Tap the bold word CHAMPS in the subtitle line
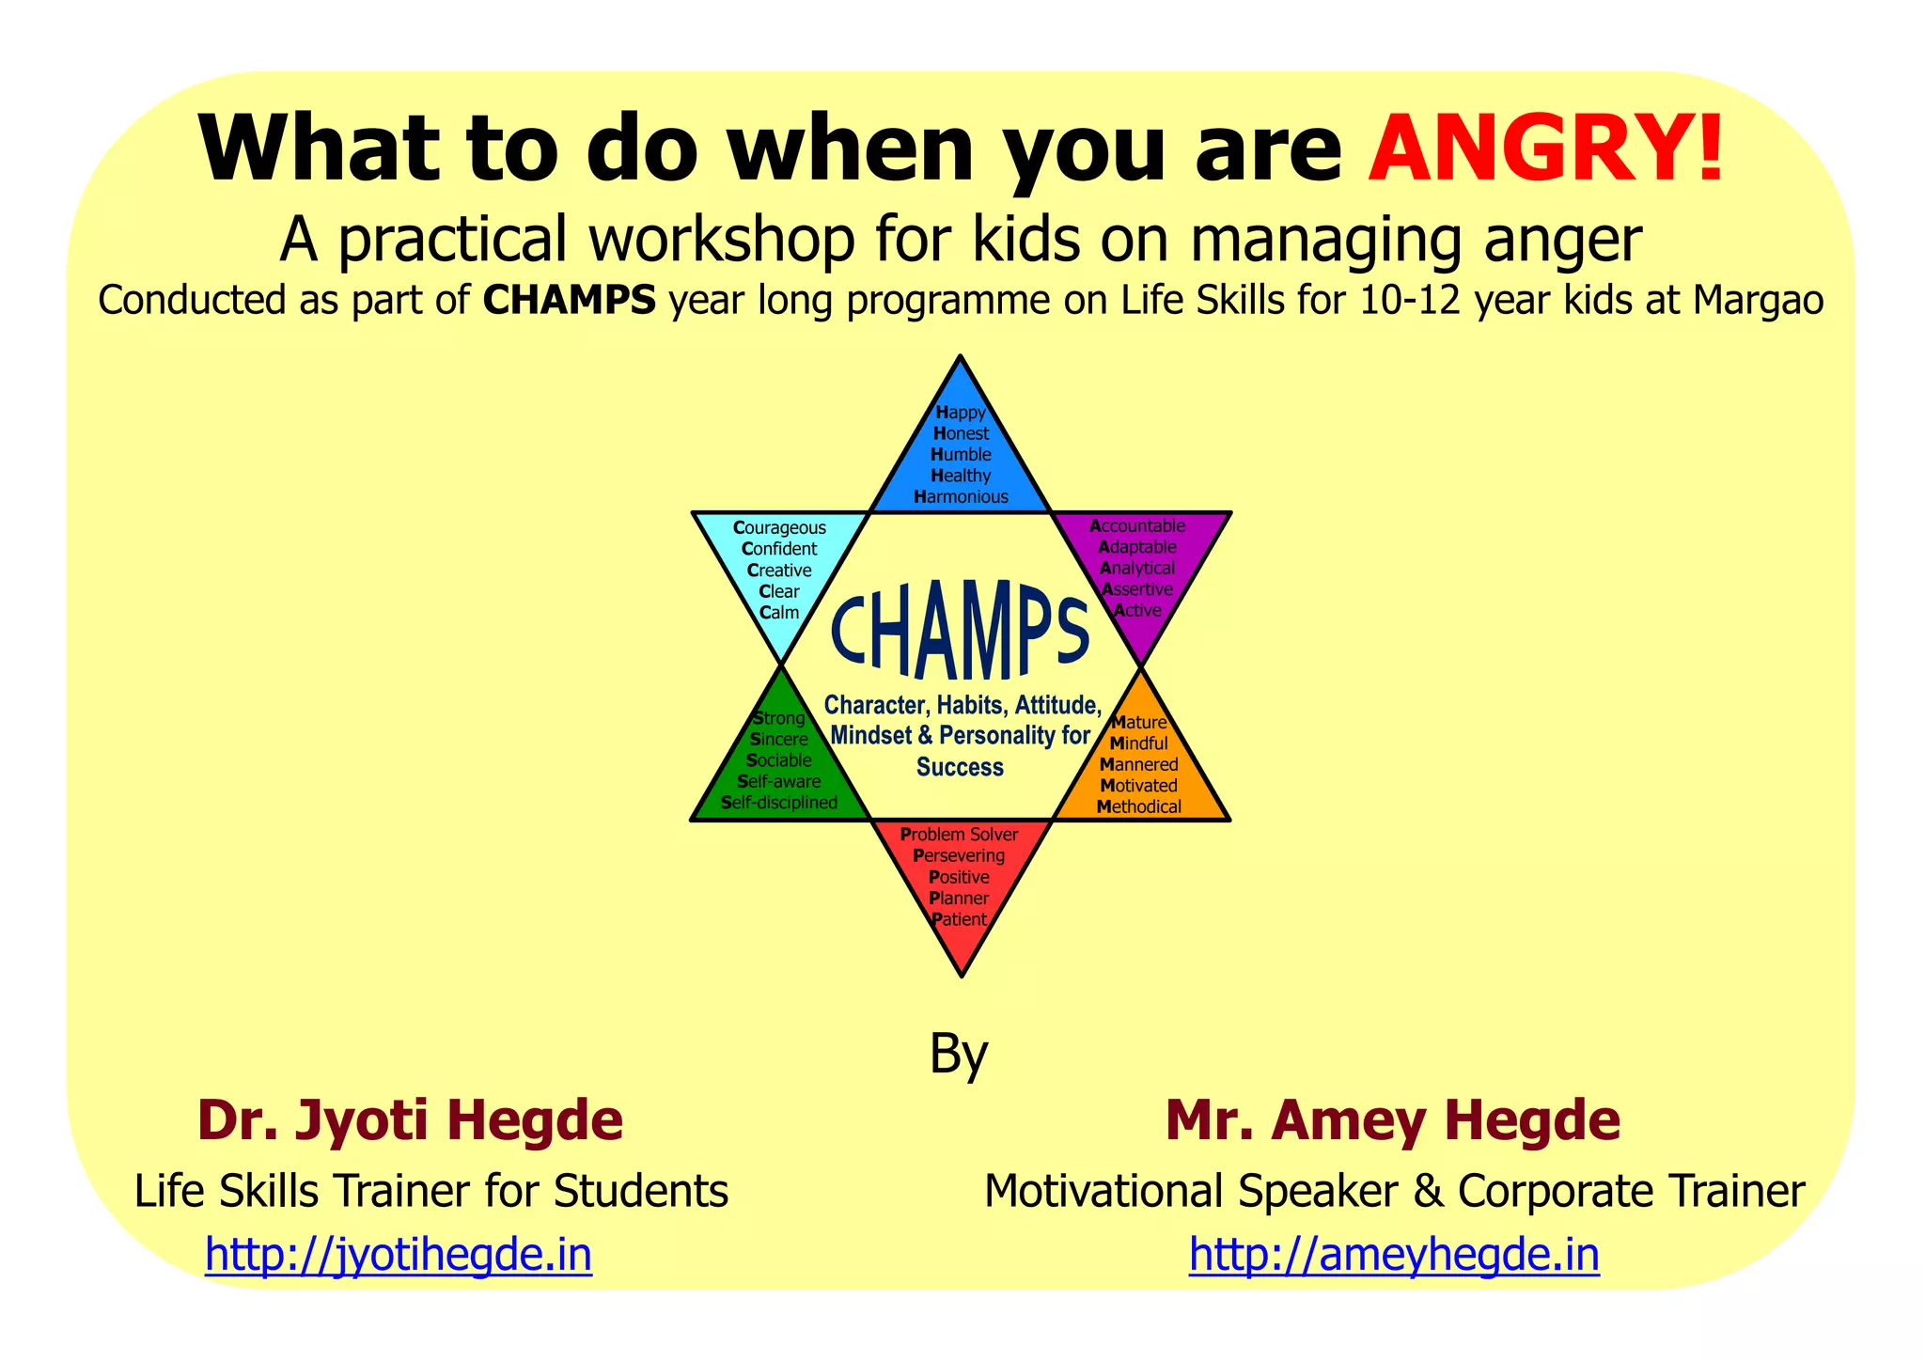click(569, 301)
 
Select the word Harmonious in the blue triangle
click(961, 497)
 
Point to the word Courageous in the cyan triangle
click(779, 528)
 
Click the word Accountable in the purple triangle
click(1137, 526)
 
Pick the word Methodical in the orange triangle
click(1139, 806)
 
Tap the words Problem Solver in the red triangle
click(959, 835)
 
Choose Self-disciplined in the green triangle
click(779, 803)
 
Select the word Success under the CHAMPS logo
click(961, 767)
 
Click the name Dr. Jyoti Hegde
click(410, 1120)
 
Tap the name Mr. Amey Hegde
click(1393, 1120)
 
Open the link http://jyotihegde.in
click(399, 1255)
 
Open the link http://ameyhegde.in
click(1394, 1255)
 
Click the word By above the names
click(959, 1055)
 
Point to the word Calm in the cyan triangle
click(779, 613)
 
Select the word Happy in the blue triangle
click(961, 413)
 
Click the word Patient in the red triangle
click(960, 919)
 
